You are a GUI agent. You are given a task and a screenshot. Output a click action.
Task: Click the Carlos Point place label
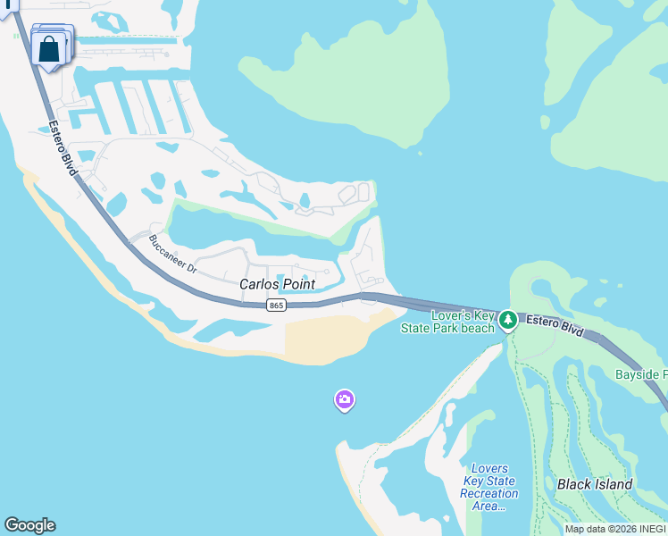277,284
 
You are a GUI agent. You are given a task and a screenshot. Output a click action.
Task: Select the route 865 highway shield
276,306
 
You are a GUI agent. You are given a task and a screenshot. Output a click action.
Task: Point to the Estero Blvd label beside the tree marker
554,326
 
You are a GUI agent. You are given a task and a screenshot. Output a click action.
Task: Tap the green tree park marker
508,319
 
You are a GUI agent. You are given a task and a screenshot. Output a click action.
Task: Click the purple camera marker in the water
345,400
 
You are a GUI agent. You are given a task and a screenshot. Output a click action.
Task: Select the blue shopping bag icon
50,49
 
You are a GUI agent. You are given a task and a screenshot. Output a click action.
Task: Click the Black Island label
595,485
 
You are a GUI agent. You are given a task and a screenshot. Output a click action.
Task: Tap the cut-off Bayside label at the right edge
640,374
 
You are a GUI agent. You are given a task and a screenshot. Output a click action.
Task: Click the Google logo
29,525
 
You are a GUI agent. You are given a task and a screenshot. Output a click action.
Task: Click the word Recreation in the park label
489,493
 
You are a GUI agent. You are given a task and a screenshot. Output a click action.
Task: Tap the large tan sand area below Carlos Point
326,339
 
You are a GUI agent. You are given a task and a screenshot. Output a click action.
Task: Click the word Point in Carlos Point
299,284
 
